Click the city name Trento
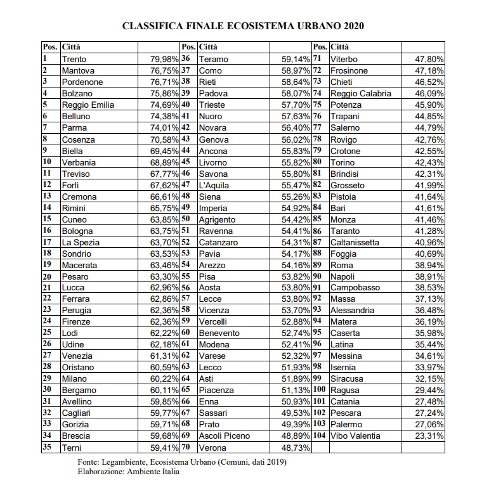(x=74, y=59)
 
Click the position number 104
(x=319, y=436)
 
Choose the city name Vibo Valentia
(x=355, y=436)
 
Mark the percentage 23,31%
(x=428, y=436)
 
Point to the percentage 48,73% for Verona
(x=295, y=447)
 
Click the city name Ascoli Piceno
(x=224, y=436)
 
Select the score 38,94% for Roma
(x=428, y=265)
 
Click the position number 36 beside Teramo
(x=186, y=59)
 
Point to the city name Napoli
(x=344, y=276)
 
